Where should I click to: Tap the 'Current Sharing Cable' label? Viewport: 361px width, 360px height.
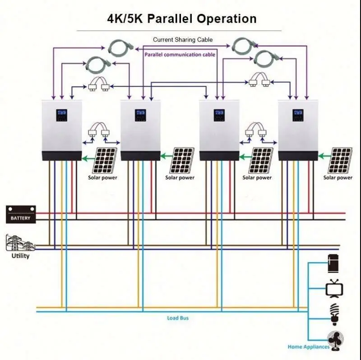(182, 40)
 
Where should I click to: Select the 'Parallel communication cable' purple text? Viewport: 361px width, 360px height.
(180, 55)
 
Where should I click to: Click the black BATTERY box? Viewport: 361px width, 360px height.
(20, 215)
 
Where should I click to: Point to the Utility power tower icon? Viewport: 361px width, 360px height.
(19, 242)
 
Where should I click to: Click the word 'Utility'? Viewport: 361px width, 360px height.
(20, 256)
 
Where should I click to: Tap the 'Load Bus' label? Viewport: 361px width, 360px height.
(178, 318)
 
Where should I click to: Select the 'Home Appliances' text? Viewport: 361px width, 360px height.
(309, 347)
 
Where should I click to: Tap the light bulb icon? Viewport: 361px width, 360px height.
(334, 314)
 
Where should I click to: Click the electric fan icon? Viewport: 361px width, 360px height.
(336, 340)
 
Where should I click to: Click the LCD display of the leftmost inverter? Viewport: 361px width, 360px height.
(61, 115)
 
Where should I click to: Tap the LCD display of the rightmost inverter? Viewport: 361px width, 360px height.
(298, 115)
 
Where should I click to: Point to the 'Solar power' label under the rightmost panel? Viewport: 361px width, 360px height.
(338, 178)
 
